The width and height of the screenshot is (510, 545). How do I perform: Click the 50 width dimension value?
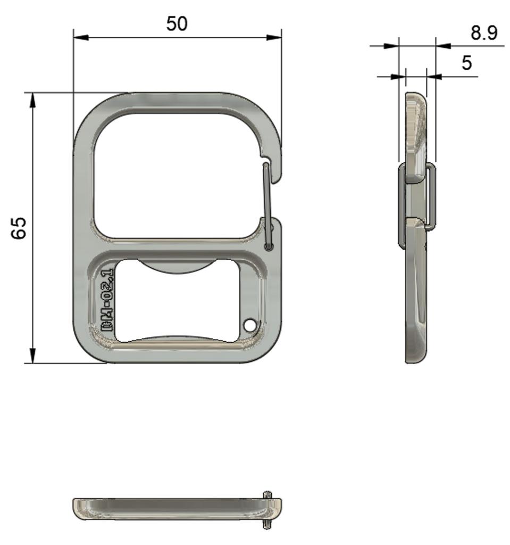(x=177, y=24)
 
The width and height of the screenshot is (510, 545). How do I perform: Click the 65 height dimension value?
(x=19, y=228)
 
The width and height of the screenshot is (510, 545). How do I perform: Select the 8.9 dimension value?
(x=483, y=33)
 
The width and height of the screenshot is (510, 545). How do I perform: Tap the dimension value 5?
(x=466, y=63)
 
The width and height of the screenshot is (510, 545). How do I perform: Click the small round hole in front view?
(x=249, y=325)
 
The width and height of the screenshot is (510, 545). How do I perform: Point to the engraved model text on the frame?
(x=107, y=300)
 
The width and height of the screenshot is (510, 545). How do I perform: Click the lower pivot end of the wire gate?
(x=269, y=246)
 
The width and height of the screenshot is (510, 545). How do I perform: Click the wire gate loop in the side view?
(x=432, y=197)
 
